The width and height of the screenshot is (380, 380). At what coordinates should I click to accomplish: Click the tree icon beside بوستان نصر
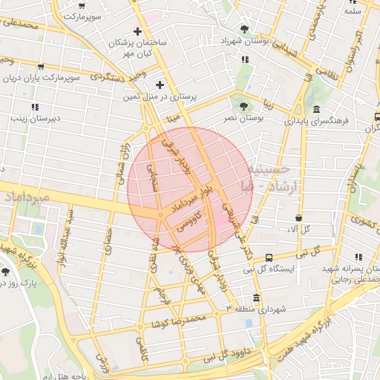pyautogui.click(x=241, y=103)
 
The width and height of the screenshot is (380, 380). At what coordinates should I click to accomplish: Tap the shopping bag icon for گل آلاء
pyautogui.click(x=298, y=218)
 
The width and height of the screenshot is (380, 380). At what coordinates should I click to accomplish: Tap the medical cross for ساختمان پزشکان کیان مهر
pyautogui.click(x=137, y=31)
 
